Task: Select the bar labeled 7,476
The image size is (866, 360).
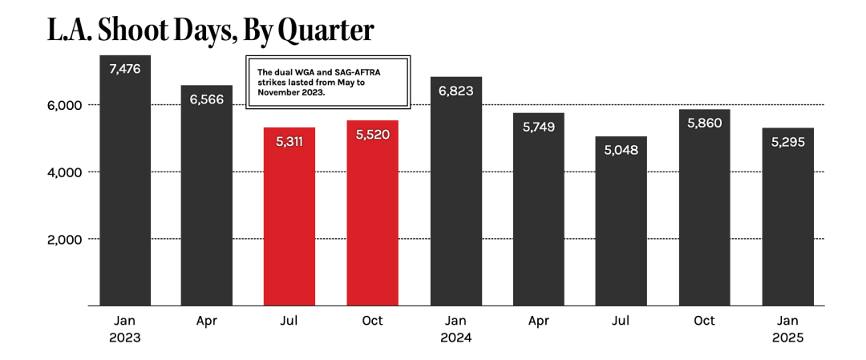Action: (124, 184)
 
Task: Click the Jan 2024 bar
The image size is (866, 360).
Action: (456, 192)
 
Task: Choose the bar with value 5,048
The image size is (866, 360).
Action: (621, 224)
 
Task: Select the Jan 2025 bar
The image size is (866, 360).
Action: (787, 220)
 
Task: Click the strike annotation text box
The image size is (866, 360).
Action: (327, 83)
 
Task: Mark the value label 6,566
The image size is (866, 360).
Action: (207, 99)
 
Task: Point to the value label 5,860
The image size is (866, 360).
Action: (704, 124)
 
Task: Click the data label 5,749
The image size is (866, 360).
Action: (539, 127)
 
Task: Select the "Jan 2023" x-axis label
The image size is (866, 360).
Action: (124, 329)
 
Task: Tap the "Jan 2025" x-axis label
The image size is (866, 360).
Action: (787, 329)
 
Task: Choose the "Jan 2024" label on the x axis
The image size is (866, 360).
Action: (456, 329)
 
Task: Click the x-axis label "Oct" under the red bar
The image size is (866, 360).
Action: (372, 321)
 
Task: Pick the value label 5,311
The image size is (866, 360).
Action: (289, 142)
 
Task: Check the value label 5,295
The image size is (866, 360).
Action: (787, 142)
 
